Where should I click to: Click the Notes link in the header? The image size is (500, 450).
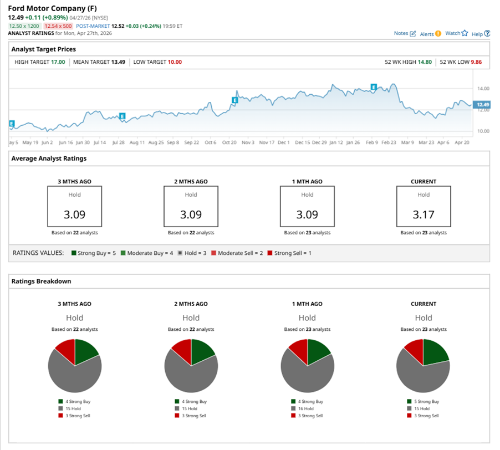[404, 33]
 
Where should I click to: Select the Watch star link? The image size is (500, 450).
[456, 33]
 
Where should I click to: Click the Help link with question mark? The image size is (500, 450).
[480, 34]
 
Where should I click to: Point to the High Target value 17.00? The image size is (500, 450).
[58, 62]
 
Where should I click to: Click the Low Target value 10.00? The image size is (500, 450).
[175, 62]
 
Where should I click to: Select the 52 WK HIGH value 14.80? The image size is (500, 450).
[425, 62]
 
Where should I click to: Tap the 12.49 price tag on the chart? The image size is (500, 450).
[483, 105]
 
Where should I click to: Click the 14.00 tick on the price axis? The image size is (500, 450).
[483, 89]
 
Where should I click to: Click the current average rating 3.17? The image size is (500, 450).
[424, 214]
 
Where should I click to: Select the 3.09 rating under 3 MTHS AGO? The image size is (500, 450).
[74, 214]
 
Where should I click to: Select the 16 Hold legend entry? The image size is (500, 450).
[305, 408]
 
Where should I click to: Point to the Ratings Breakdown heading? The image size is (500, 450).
[41, 281]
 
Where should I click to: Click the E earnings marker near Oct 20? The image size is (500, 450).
[235, 100]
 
